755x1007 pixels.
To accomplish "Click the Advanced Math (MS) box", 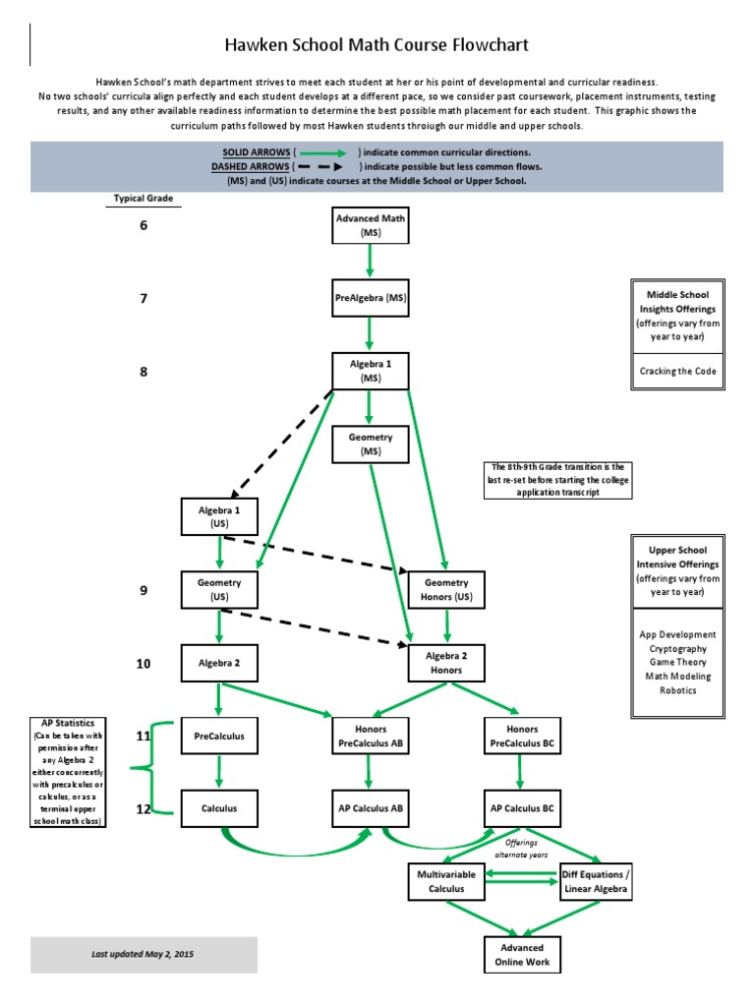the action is tap(371, 225).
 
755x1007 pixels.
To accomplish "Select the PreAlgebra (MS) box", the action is tap(371, 298).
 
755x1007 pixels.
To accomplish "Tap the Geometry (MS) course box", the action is tap(371, 444).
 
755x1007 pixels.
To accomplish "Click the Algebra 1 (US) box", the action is tap(219, 516).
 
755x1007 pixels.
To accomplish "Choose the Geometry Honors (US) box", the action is tap(446, 590).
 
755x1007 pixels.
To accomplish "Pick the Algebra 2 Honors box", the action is tap(446, 663).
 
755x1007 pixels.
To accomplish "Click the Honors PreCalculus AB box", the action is tap(371, 736).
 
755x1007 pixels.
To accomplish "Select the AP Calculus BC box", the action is tap(522, 808).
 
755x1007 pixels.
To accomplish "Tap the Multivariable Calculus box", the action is tap(446, 882).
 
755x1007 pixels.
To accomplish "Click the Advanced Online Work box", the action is tap(522, 955).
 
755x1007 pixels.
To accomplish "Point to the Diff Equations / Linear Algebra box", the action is tap(596, 882).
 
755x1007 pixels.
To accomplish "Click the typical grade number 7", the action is tap(144, 299).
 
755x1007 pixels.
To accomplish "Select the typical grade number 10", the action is tap(144, 664).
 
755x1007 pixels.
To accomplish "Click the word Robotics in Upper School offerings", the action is tap(678, 690).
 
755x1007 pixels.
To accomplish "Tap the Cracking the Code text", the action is tap(678, 371).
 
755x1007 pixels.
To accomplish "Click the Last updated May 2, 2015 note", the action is tap(142, 954).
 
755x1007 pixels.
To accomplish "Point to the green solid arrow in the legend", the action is tap(322, 152).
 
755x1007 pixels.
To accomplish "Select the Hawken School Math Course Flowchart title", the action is tap(377, 45).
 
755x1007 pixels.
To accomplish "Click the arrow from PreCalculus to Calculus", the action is tap(219, 772).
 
